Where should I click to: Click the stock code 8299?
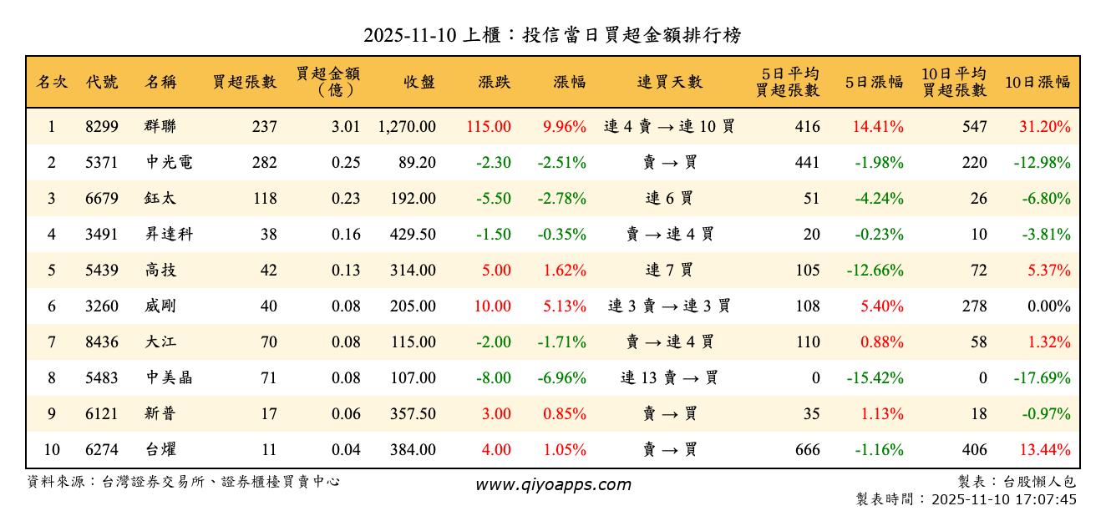(102, 127)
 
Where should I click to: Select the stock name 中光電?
(169, 163)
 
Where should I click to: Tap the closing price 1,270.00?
(407, 127)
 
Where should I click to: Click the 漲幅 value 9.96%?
(565, 127)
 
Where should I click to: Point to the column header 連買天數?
(670, 82)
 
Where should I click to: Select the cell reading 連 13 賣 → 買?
(669, 378)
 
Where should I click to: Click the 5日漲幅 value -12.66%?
(875, 271)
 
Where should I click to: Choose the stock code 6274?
(102, 450)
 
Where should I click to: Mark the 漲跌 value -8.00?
(494, 378)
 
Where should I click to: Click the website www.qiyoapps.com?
(553, 485)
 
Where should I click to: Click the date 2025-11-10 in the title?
(410, 36)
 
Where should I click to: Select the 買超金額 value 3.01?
(345, 127)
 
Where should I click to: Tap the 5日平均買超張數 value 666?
(808, 450)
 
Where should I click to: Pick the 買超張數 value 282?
(264, 163)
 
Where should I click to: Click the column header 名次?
(52, 82)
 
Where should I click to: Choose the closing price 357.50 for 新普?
(413, 414)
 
